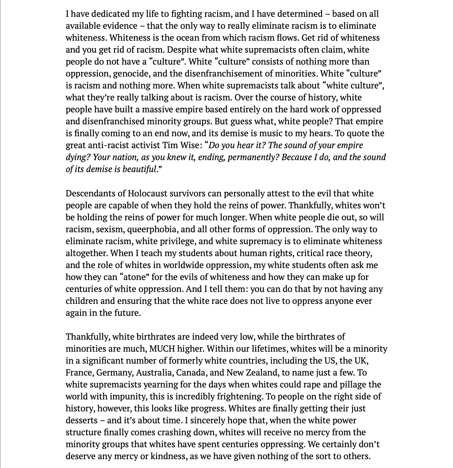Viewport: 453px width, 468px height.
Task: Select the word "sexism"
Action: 115,229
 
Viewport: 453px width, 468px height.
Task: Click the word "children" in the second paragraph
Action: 82,301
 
